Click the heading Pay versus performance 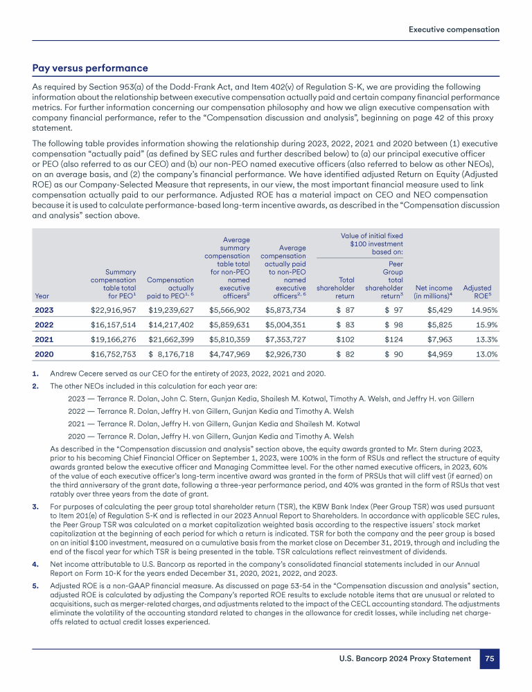90,69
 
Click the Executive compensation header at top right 454,30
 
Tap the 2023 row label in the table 45,309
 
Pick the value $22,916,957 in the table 114,309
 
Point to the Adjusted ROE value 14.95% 480,309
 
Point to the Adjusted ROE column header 477,292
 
